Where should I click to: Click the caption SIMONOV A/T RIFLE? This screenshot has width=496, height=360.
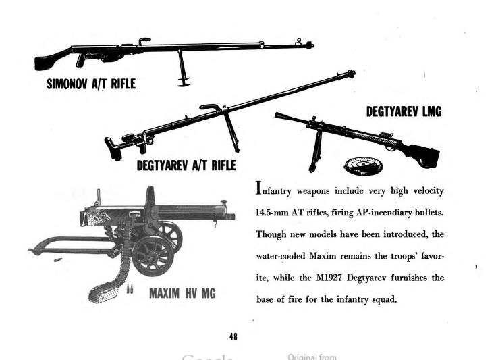pos(91,84)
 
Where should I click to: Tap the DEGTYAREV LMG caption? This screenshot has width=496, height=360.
pos(404,111)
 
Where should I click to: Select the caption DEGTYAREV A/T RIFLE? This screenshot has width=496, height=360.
pos(186,165)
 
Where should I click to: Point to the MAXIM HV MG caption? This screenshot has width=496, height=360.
pos(182,293)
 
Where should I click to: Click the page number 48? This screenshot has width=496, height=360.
pos(233,336)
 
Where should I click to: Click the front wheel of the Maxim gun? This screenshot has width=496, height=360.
pos(153,256)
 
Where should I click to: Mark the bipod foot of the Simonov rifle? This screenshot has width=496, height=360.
pos(184,83)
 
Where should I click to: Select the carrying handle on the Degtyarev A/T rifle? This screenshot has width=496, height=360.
pos(211,107)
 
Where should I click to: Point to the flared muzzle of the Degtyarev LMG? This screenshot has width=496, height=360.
pos(280,116)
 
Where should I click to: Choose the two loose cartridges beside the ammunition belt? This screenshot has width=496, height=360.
pos(130,289)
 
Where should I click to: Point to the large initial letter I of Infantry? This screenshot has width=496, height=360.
pos(258,188)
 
